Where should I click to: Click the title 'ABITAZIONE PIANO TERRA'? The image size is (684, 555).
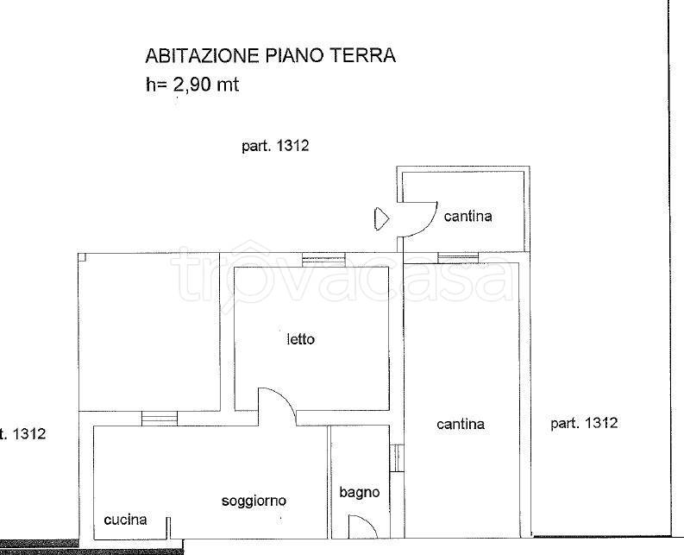pyautogui.click(x=271, y=56)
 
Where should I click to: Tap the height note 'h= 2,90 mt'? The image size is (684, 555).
pyautogui.click(x=192, y=85)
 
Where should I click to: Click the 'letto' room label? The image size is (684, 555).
pyautogui.click(x=300, y=339)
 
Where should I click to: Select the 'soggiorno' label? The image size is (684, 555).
pyautogui.click(x=254, y=501)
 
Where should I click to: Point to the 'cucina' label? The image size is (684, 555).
pyautogui.click(x=126, y=520)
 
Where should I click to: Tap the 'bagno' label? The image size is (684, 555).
pyautogui.click(x=360, y=493)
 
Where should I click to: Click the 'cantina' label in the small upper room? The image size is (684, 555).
pyautogui.click(x=468, y=216)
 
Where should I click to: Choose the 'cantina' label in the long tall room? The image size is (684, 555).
pyautogui.click(x=461, y=424)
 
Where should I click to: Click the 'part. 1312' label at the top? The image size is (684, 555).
pyautogui.click(x=275, y=146)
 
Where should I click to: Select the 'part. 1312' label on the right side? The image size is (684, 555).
pyautogui.click(x=584, y=423)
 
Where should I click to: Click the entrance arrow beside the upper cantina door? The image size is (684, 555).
pyautogui.click(x=381, y=218)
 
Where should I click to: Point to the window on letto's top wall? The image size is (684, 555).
pyautogui.click(x=323, y=260)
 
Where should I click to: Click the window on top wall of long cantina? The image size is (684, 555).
pyautogui.click(x=458, y=257)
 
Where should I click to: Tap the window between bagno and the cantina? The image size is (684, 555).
pyautogui.click(x=397, y=458)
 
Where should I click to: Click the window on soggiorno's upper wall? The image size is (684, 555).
pyautogui.click(x=160, y=419)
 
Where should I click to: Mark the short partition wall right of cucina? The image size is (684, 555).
pyautogui.click(x=168, y=528)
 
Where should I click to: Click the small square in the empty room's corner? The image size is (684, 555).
pyautogui.click(x=83, y=256)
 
